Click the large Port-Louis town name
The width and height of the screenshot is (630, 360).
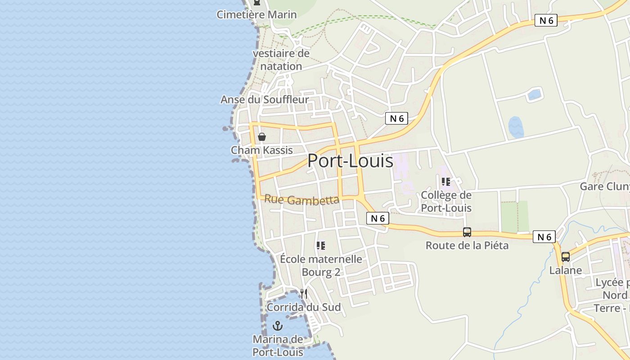(350, 161)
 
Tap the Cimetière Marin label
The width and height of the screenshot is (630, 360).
(256, 14)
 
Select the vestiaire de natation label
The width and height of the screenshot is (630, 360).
(281, 60)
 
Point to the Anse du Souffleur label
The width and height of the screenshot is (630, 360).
(265, 99)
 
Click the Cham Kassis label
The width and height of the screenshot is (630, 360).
(262, 150)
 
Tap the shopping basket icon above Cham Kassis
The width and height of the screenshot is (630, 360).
(262, 137)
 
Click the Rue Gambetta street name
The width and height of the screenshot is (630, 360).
(301, 199)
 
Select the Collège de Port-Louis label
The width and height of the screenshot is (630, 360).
(446, 201)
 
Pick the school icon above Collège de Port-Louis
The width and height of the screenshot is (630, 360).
(446, 182)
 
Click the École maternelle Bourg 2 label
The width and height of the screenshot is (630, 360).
(321, 265)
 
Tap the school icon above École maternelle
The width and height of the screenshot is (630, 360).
(321, 246)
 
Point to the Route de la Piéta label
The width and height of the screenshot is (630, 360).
(467, 245)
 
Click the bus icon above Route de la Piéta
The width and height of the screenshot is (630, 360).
(467, 232)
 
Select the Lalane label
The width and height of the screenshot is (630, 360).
(566, 270)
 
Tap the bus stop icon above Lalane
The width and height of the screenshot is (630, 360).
(566, 257)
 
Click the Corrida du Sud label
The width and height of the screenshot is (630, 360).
(304, 307)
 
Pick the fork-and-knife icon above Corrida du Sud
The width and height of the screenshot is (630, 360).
(304, 294)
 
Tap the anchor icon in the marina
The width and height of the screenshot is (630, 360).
(278, 326)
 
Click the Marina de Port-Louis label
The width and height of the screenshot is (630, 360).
(278, 346)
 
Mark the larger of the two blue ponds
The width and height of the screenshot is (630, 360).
(516, 127)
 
